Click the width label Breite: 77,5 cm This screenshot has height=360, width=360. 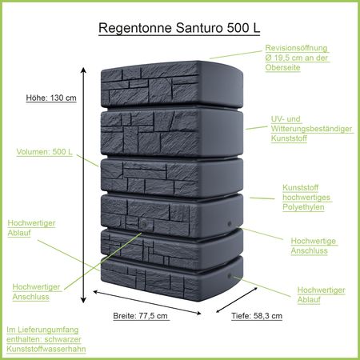click(x=141, y=315)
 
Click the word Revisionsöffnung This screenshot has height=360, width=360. click(x=296, y=48)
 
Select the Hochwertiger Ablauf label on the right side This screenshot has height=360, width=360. click(x=321, y=294)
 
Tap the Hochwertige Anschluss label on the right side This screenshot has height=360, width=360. click(x=314, y=246)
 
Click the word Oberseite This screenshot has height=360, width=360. click(x=286, y=67)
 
